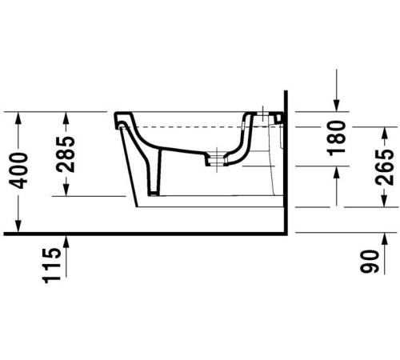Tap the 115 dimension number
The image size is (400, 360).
53,262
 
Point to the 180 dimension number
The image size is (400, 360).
336,137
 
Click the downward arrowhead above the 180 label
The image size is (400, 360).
337,106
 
